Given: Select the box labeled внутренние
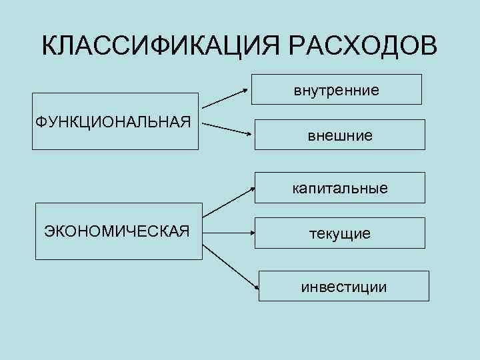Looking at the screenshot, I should click(x=336, y=89).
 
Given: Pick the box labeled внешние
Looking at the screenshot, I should click(x=340, y=136).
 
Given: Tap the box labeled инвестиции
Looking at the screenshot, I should click(x=343, y=286).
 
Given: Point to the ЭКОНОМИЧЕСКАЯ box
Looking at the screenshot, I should click(x=117, y=231).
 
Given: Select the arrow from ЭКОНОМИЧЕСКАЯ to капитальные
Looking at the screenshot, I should click(x=229, y=203).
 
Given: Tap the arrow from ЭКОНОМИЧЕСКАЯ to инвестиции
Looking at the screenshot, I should click(x=230, y=266).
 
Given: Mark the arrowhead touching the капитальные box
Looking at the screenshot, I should click(x=253, y=189).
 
